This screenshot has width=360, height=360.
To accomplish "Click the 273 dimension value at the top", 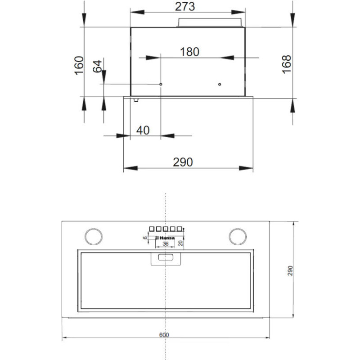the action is coord(185,6).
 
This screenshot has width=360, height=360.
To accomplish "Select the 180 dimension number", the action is coord(189,52).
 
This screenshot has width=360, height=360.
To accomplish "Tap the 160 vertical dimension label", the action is coord(79,65).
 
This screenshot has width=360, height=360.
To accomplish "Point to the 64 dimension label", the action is coord(97,66).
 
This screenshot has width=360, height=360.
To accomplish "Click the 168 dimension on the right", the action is coord(287,64).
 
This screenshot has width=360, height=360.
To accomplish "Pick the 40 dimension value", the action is coord(143,130).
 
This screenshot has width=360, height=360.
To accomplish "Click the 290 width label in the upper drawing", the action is coord(183,162).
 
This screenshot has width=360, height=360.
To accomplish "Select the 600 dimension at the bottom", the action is coord(164,335).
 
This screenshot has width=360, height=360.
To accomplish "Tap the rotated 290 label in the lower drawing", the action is coord(290,271).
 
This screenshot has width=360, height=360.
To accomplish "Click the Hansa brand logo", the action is coord(165,238).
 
